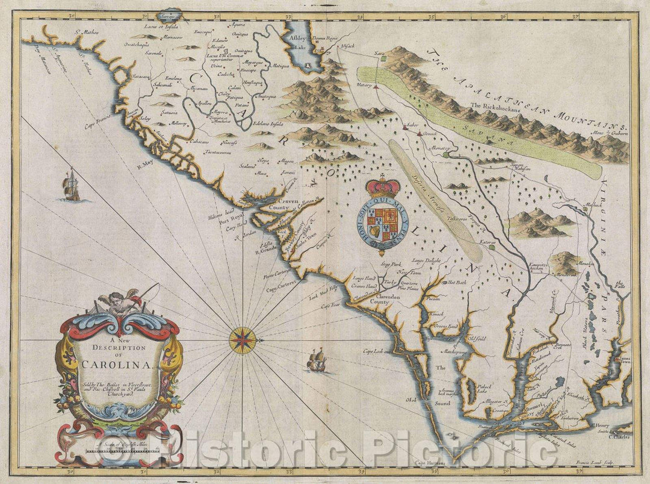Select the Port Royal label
click(234, 212)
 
